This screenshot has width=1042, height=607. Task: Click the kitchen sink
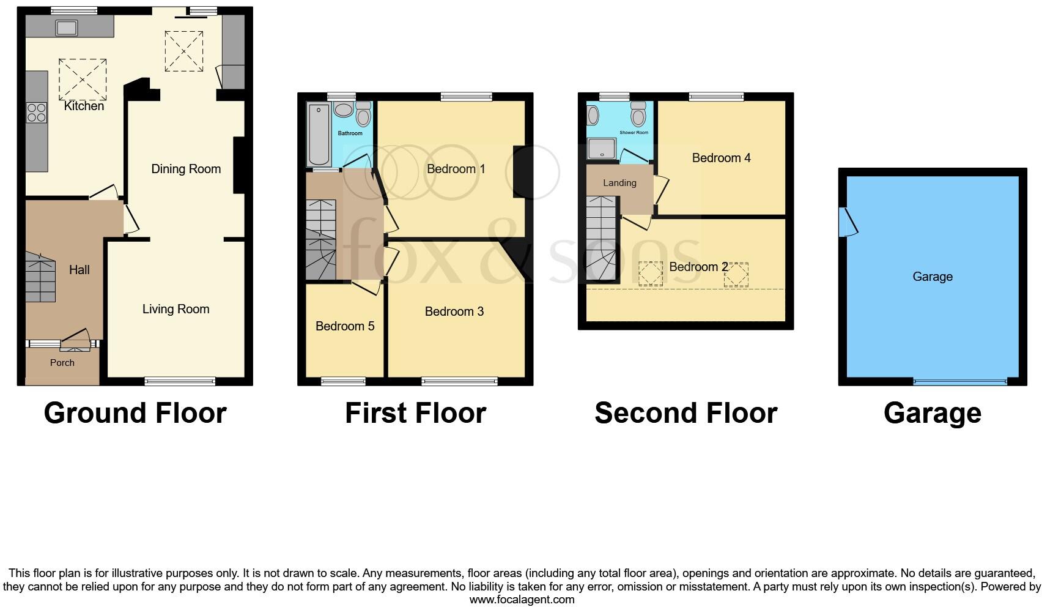pyautogui.click(x=65, y=28)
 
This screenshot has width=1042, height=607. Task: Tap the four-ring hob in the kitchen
pyautogui.click(x=37, y=113)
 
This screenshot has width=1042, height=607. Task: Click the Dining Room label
pyautogui.click(x=186, y=169)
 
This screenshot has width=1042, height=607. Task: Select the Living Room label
pyautogui.click(x=176, y=309)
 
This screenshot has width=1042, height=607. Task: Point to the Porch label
pyautogui.click(x=62, y=363)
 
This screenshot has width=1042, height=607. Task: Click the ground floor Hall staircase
pyautogui.click(x=41, y=278)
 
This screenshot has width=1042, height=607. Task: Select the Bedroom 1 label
pyautogui.click(x=456, y=169)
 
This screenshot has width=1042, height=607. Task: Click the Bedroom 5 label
pyautogui.click(x=345, y=326)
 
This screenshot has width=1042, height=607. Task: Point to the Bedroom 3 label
pyautogui.click(x=454, y=311)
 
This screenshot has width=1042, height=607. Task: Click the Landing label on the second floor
pyautogui.click(x=619, y=183)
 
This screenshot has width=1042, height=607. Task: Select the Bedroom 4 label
pyautogui.click(x=721, y=158)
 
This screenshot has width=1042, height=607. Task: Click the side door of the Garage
pyautogui.click(x=848, y=222)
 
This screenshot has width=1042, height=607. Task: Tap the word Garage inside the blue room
pyautogui.click(x=932, y=277)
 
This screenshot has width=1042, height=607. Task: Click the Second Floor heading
pyautogui.click(x=685, y=413)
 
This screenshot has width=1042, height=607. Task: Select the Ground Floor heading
pyautogui.click(x=135, y=413)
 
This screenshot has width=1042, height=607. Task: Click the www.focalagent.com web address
pyautogui.click(x=522, y=600)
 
